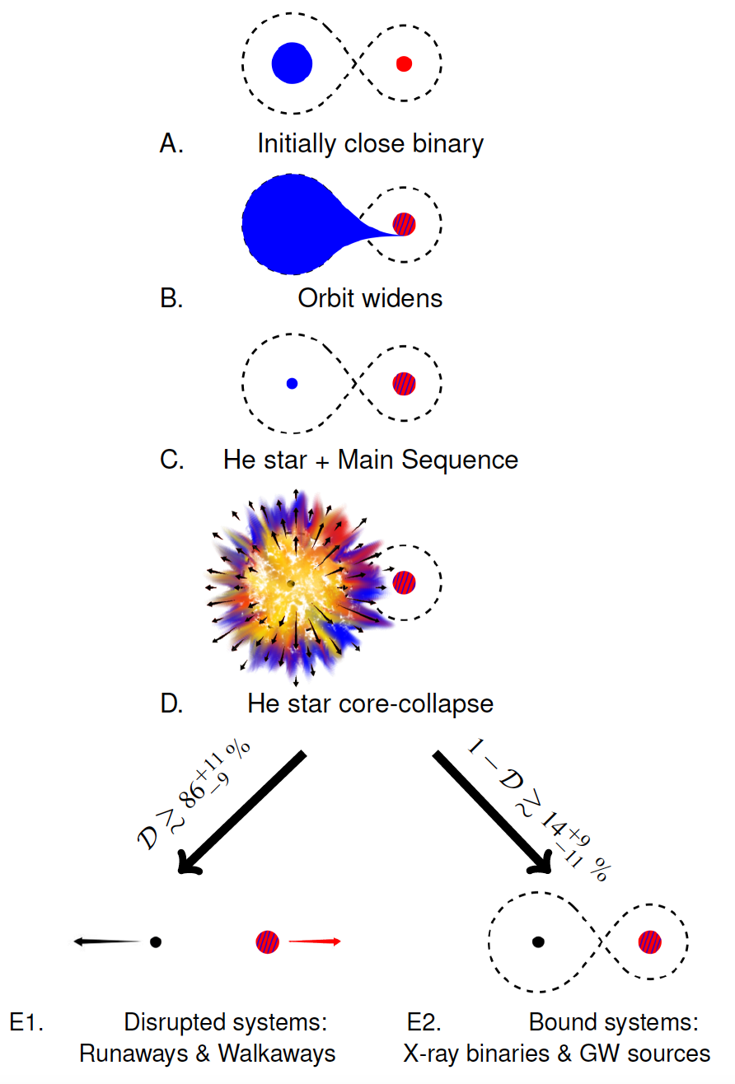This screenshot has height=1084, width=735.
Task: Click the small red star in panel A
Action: coord(403,63)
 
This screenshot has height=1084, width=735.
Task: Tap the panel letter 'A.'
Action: coord(171,144)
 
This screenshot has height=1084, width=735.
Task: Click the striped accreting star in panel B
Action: coord(404,223)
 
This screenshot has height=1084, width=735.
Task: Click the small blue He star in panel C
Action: coord(292,383)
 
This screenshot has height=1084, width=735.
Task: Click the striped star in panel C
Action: coord(404,383)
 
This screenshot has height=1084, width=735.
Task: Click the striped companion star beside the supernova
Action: coord(404,582)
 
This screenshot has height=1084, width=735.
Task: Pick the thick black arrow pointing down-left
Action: coord(242,812)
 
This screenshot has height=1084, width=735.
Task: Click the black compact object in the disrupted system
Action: coord(155,941)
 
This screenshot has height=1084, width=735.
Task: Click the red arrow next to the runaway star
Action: coord(314,941)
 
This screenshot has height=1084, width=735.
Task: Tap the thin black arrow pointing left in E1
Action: coord(107,941)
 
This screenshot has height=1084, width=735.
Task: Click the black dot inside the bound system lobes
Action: coord(538,941)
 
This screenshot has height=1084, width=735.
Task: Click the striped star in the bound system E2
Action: coord(650,941)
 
